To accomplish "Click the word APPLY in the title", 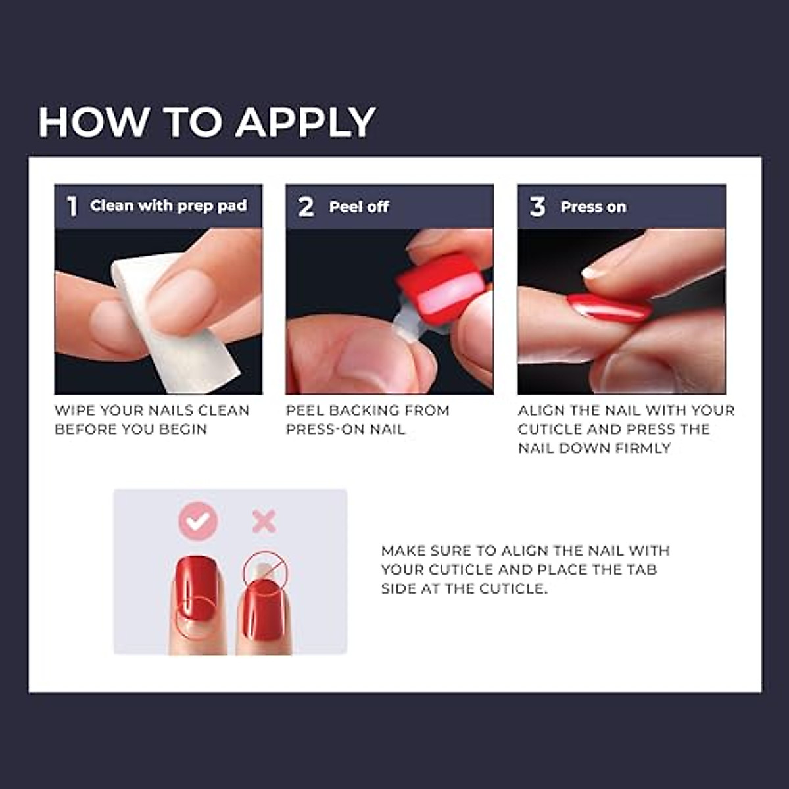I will tap(306, 123).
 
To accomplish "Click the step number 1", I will tap(72, 206).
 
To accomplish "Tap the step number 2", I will tap(306, 206).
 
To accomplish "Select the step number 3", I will tap(537, 206).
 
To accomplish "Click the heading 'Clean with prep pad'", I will tap(168, 206).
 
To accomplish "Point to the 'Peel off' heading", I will tap(359, 207).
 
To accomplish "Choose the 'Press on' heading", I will tap(593, 207).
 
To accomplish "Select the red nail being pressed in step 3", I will tap(608, 307).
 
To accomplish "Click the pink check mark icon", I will tap(198, 521).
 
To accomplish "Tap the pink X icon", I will tap(264, 522).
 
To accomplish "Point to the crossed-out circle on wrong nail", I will tap(266, 571).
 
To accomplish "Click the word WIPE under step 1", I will tap(74, 410).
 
